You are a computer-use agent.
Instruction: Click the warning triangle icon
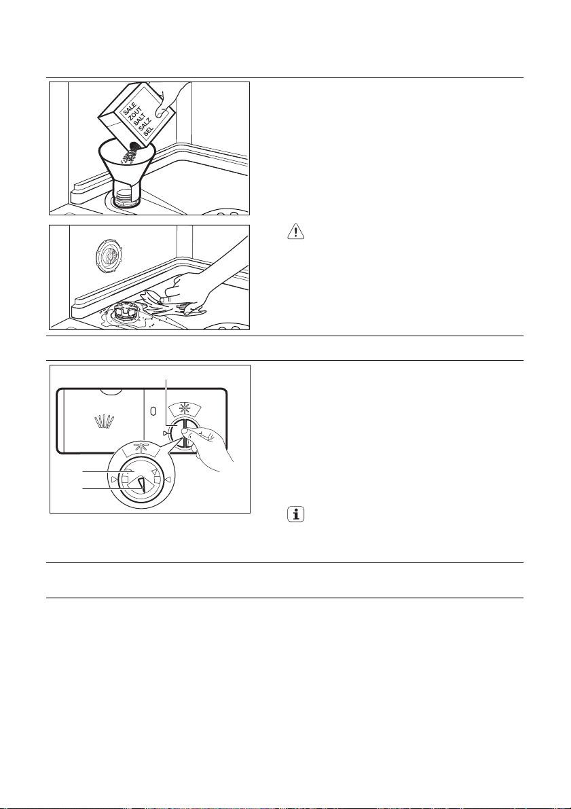click(296, 232)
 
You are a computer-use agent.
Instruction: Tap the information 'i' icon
click(296, 517)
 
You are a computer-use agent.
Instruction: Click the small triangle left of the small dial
click(165, 432)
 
